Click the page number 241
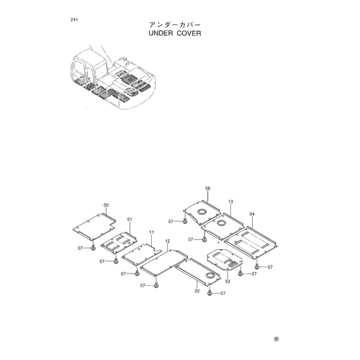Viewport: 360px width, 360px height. coord(74,19)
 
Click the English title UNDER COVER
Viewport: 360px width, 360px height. coord(175,33)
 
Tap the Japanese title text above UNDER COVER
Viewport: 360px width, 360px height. coord(174,24)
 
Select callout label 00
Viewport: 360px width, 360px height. coord(106,205)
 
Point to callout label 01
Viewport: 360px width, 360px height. coord(130,219)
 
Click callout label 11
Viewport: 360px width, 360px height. coord(151,232)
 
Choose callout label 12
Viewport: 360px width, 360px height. coord(168,241)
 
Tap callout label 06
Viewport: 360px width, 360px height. coord(207,189)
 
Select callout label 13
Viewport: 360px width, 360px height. coord(230,202)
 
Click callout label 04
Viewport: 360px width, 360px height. coord(252,214)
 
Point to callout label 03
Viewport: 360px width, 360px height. coord(228,282)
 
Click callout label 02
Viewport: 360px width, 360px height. coord(197,291)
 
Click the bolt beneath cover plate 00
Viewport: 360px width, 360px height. coord(94,248)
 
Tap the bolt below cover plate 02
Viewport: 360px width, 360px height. coord(210,293)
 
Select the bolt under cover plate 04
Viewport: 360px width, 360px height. coord(257,266)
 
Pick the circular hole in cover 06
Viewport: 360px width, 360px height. coord(202,212)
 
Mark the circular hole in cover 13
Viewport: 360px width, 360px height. coord(221,223)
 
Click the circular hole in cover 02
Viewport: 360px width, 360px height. coord(210,276)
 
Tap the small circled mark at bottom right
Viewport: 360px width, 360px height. coord(276,339)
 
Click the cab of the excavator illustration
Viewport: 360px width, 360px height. coord(88,68)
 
